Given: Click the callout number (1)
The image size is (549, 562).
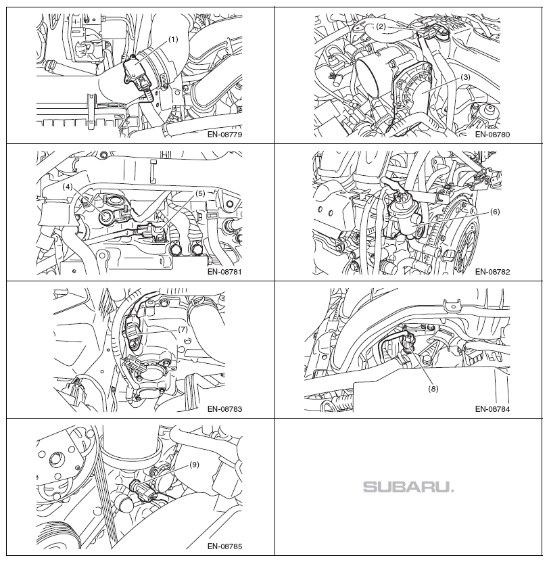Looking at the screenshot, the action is [172, 39].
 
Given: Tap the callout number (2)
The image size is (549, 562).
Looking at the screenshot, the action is [381, 26].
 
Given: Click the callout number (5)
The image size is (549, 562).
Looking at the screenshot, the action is [200, 193].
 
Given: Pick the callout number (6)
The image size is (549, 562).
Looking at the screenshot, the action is [494, 212].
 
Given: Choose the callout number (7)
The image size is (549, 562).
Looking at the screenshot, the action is [183, 329].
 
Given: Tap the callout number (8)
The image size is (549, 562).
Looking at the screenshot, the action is [433, 388].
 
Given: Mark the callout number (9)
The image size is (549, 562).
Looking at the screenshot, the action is [193, 465].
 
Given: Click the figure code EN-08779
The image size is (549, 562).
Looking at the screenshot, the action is [224, 135].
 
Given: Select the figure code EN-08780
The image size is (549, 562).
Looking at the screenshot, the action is [492, 135].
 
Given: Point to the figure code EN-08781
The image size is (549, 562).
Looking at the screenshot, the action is [224, 272].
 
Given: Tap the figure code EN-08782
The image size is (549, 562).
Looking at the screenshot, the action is [492, 272].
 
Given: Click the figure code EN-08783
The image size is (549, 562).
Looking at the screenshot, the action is [224, 409].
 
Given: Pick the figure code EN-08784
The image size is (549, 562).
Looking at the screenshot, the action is [492, 409].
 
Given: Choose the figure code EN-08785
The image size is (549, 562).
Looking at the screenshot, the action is [224, 546].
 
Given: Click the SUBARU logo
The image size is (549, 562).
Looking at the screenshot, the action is [408, 487].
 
